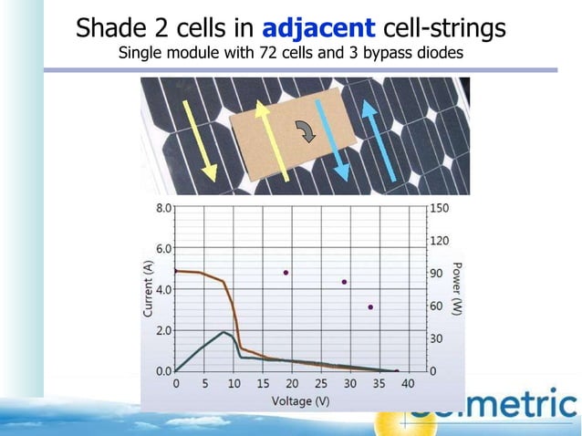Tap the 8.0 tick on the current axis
(162, 208)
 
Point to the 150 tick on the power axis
(440, 208)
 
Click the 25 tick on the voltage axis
(320, 384)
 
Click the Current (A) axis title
(148, 287)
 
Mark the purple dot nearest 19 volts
(286, 273)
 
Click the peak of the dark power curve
(223, 332)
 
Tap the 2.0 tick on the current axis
(162, 330)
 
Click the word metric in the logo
(515, 408)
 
